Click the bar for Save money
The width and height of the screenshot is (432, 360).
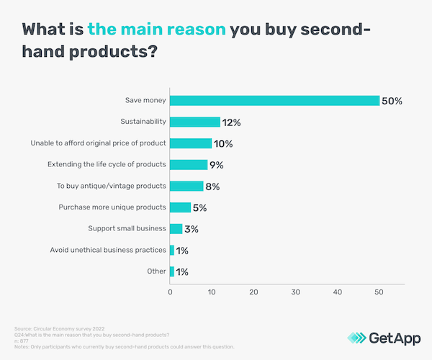tap(274, 100)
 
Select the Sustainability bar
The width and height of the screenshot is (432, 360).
tap(195, 122)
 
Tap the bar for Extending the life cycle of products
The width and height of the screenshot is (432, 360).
tap(189, 164)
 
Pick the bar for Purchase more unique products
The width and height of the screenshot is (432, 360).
tap(180, 207)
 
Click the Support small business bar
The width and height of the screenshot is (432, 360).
tap(176, 228)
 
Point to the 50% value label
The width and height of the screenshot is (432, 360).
tap(392, 101)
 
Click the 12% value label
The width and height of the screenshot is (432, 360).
tap(233, 122)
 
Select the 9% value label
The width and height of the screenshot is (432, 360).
tap(217, 165)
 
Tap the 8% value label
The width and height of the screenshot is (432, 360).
tap(212, 186)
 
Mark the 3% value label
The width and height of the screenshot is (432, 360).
tap(191, 229)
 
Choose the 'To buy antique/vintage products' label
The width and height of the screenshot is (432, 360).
tap(112, 186)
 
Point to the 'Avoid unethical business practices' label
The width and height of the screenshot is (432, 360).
tap(108, 250)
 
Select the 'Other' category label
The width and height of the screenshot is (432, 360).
tap(156, 271)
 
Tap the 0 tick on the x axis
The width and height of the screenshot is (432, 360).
tap(170, 293)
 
